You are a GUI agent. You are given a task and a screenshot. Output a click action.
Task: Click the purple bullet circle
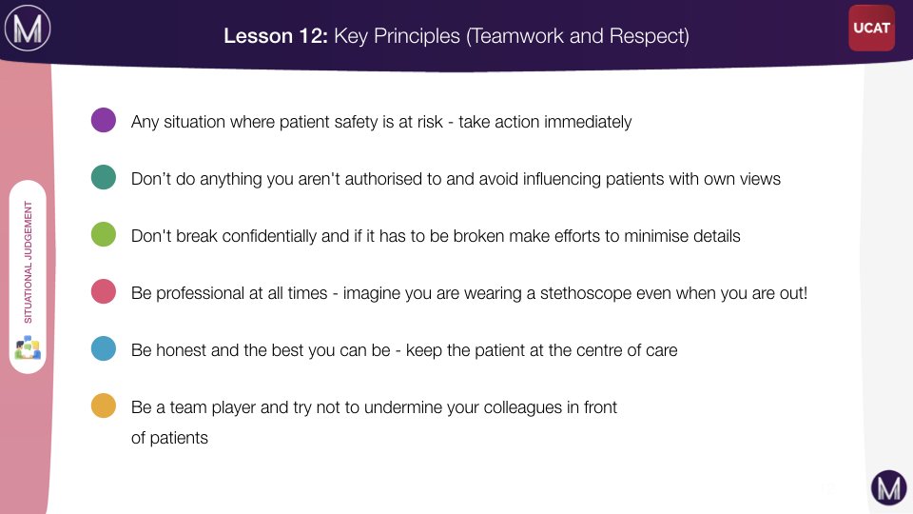click(x=104, y=120)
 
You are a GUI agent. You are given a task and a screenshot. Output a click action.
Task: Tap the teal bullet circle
click(x=104, y=177)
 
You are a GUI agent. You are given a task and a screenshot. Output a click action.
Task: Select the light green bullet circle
click(x=104, y=234)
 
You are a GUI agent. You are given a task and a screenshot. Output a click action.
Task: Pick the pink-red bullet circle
click(x=104, y=291)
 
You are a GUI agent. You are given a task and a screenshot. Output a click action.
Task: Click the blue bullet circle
click(x=104, y=348)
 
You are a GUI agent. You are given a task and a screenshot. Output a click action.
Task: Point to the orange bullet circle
click(x=104, y=405)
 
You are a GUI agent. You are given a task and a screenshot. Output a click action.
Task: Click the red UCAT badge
click(x=872, y=28)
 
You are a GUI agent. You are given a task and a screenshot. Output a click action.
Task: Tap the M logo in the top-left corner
click(x=28, y=28)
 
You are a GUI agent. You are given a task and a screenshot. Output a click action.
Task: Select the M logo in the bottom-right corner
click(x=888, y=487)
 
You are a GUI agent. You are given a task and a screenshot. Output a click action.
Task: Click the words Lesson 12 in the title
click(x=276, y=36)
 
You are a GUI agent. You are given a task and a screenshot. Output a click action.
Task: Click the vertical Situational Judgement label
click(x=28, y=263)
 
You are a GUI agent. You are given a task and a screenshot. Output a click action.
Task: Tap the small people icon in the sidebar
click(x=28, y=347)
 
